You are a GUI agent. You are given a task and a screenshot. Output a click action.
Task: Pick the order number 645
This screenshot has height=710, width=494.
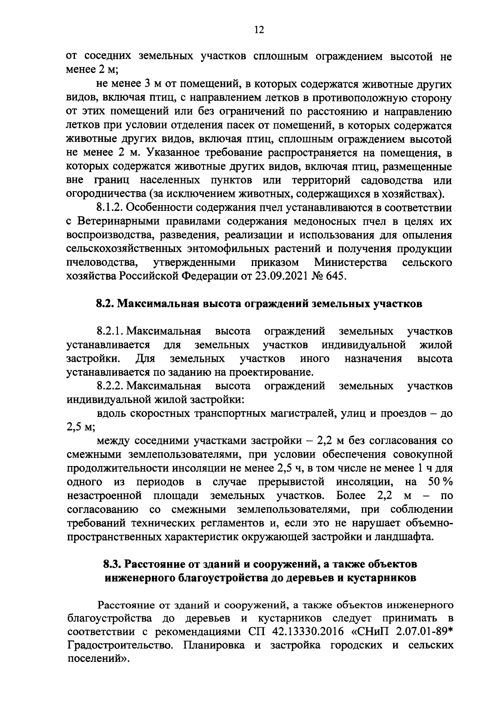coord(332,276)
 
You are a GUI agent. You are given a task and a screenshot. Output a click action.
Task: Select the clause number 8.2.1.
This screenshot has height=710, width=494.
coord(111,331)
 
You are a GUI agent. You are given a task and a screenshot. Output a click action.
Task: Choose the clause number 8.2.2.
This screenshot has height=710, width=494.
coord(111,386)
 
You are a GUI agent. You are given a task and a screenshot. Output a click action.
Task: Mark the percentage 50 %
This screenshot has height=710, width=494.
coord(441,482)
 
